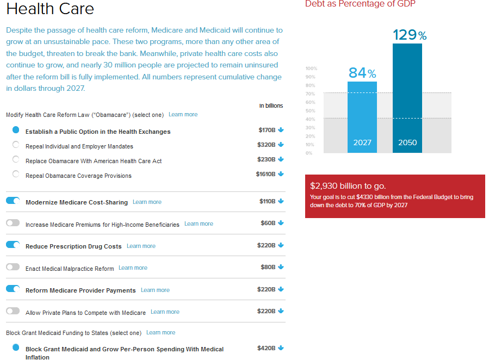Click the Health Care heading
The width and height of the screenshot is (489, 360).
point(50,9)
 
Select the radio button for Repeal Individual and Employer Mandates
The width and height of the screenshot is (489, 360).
point(16,145)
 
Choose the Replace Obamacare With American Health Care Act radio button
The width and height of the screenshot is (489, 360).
point(16,160)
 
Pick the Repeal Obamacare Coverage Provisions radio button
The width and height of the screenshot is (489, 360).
point(16,175)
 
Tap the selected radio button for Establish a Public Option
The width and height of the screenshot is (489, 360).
point(16,131)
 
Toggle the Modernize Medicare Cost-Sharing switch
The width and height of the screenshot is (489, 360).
point(13,201)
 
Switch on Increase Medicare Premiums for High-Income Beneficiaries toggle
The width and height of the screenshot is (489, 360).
point(13,223)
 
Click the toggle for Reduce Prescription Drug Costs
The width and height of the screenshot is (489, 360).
point(13,245)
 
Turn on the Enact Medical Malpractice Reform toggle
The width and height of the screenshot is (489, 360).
point(13,267)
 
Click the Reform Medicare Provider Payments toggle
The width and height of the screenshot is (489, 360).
point(13,289)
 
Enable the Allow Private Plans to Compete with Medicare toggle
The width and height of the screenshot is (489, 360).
point(13,312)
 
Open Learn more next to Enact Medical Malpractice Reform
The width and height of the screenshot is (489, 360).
point(133,268)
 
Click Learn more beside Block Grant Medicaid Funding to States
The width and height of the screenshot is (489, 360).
point(160,332)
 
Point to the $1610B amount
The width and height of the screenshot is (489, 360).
point(265,174)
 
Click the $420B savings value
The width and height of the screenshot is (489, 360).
point(267,348)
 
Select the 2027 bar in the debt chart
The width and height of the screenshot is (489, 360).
point(362,117)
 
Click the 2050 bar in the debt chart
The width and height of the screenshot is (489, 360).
point(407,98)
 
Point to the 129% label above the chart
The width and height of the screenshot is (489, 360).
point(410,35)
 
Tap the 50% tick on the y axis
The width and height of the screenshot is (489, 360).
point(311,111)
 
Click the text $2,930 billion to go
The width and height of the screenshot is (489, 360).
point(348,185)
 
